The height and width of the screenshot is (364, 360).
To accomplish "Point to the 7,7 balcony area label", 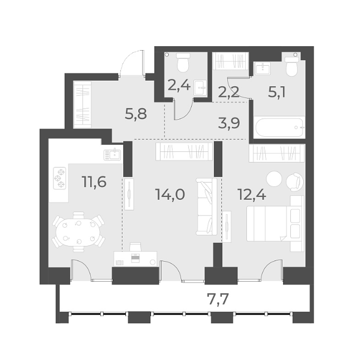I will click(218, 301).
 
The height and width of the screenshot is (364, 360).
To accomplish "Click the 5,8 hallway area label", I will click(135, 115).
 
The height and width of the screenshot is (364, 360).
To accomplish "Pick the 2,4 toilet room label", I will click(179, 86).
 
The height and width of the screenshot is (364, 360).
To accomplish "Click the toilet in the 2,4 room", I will click(182, 64).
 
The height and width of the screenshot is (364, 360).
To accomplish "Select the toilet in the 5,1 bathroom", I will click(290, 67).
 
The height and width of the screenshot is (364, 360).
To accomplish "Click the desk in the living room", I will click(136, 257).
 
